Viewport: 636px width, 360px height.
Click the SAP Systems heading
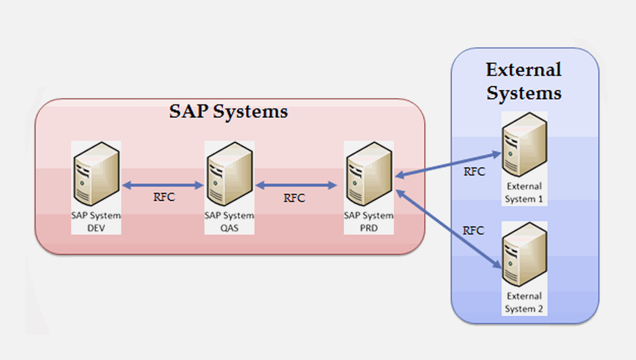pos(229,112)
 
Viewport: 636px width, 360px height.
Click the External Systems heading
pos(524,81)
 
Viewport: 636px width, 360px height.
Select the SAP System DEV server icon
pos(96,174)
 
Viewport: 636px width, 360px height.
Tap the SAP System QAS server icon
pos(229,174)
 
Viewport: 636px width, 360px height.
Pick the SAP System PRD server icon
pos(368,174)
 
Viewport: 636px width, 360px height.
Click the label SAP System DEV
pos(96,222)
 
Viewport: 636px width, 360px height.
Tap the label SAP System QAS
pos(229,222)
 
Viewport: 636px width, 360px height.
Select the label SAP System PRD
pos(368,222)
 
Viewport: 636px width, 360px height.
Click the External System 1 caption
pos(524,192)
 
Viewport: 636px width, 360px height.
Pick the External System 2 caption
pos(524,302)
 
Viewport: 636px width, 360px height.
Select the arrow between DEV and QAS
pos(163,184)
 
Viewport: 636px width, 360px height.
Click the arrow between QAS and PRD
pos(296,184)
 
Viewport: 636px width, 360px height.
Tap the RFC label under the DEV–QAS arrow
pos(164,198)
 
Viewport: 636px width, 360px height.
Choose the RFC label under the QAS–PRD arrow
pos(294,198)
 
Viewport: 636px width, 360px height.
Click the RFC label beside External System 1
pos(474,172)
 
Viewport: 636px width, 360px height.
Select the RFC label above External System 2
pos(474,230)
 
